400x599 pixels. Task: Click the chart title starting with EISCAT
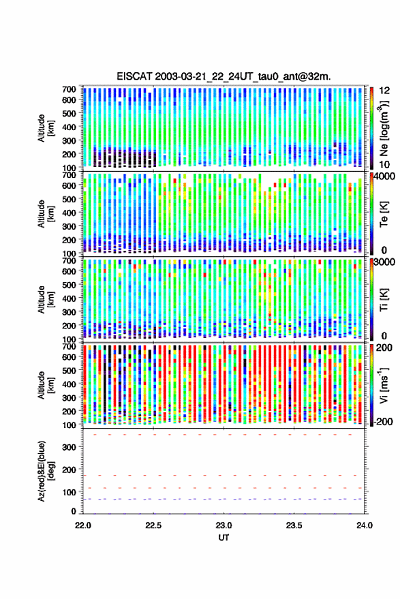coord(224,76)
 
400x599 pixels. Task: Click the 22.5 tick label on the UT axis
coord(153,525)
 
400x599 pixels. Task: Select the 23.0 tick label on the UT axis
coord(224,525)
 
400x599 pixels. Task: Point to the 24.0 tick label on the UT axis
coord(364,525)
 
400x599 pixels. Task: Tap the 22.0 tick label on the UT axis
coord(83,525)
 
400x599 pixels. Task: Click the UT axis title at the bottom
coord(224,538)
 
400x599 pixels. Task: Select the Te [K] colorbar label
coord(384,214)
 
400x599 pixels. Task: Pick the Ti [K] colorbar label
coord(384,300)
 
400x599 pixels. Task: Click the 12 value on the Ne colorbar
coord(384,91)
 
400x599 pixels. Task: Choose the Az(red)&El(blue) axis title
coord(46,472)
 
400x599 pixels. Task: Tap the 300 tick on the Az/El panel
coord(69,447)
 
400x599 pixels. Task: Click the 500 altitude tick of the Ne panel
coord(69,113)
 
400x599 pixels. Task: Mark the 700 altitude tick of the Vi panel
coord(69,346)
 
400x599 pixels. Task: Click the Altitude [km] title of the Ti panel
coord(46,300)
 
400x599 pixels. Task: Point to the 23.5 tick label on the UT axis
coord(294,525)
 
